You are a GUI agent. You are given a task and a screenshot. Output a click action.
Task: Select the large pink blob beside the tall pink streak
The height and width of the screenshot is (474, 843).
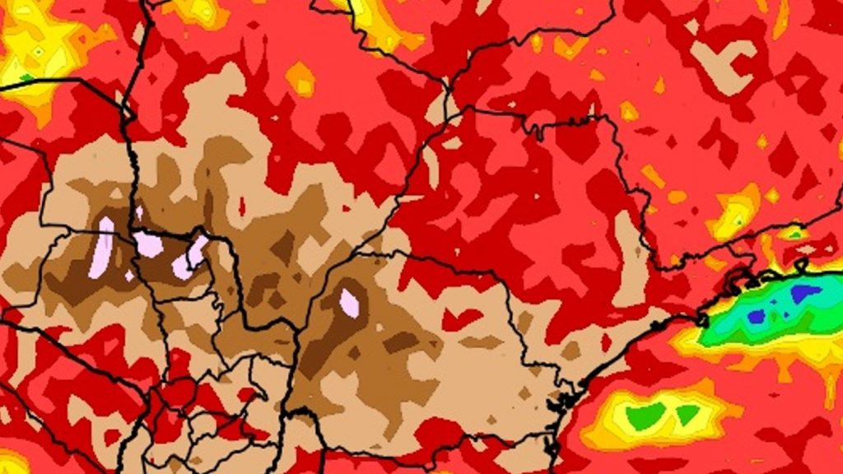[x=149, y=244]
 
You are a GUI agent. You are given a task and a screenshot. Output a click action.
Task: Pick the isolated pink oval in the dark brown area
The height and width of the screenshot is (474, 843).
[x=349, y=302]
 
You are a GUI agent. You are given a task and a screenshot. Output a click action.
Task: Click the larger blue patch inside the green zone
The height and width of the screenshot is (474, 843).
[x=804, y=292]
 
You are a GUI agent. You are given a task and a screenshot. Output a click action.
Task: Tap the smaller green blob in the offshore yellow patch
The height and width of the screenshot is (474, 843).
[x=687, y=414]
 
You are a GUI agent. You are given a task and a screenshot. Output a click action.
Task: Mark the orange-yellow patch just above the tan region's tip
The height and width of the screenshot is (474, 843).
[x=300, y=78]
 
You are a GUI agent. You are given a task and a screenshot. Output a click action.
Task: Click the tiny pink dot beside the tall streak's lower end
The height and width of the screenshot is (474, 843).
[x=129, y=276]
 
